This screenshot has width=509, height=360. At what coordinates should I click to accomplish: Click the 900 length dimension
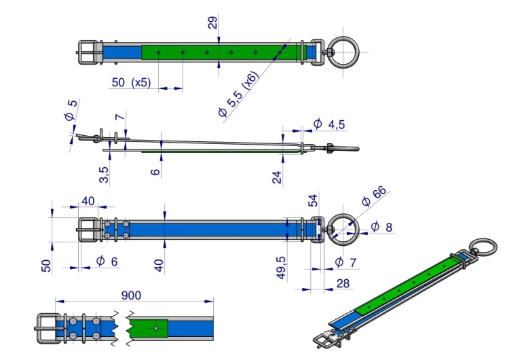(x=131, y=295)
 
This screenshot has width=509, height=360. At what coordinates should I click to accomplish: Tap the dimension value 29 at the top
(x=212, y=22)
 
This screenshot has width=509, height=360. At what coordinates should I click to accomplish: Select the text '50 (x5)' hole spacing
(x=131, y=82)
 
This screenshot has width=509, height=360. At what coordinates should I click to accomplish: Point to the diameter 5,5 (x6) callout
(x=239, y=94)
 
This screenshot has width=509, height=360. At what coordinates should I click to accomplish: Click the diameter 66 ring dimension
(x=374, y=196)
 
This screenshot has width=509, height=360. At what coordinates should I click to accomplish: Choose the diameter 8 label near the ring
(x=381, y=227)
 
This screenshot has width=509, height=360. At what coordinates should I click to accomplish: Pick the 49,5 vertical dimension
(x=281, y=268)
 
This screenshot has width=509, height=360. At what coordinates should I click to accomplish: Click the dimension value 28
(x=343, y=284)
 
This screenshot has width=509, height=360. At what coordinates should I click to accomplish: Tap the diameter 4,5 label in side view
(x=329, y=124)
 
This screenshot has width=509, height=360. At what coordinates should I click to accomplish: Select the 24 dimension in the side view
(x=277, y=177)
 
